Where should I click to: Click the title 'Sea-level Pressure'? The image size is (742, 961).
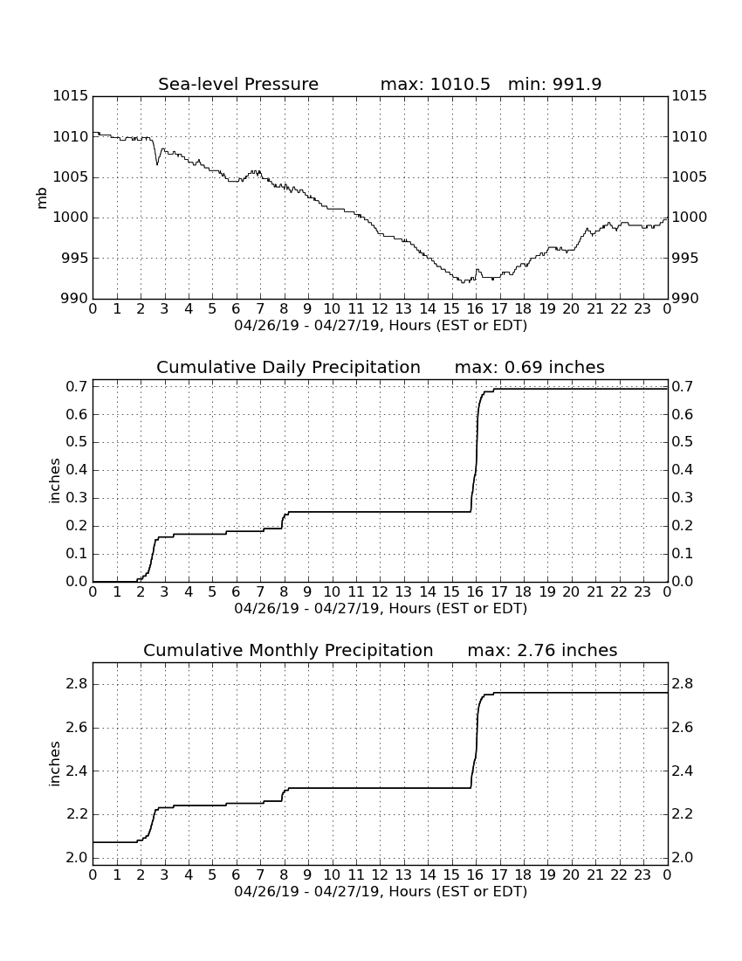coord(238,84)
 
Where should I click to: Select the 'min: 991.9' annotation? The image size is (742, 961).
coord(554,84)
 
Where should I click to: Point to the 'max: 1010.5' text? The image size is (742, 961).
coord(436,84)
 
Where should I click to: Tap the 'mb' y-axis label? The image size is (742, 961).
coord(42,198)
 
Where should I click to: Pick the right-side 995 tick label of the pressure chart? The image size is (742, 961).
coord(685,258)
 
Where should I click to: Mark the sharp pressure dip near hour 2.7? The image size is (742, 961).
coord(157,163)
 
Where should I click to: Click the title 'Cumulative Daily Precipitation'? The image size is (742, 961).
coord(288,367)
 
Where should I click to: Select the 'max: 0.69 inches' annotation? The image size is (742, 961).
coord(530,367)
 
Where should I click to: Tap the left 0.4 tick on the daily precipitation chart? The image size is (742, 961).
coord(79,470)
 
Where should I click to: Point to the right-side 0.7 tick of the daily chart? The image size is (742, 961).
coord(683,387)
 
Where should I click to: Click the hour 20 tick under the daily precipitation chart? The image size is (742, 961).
coord(571,592)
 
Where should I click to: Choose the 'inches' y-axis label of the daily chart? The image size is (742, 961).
coord(55,481)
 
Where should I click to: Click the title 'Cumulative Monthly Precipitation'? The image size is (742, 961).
coord(288,650)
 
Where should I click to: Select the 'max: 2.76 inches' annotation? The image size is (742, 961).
coord(542,650)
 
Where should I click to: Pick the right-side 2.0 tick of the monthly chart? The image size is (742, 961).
coord(683,857)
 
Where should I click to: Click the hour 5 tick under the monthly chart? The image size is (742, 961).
coord(212,875)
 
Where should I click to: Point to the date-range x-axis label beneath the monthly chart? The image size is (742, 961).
coord(381,891)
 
